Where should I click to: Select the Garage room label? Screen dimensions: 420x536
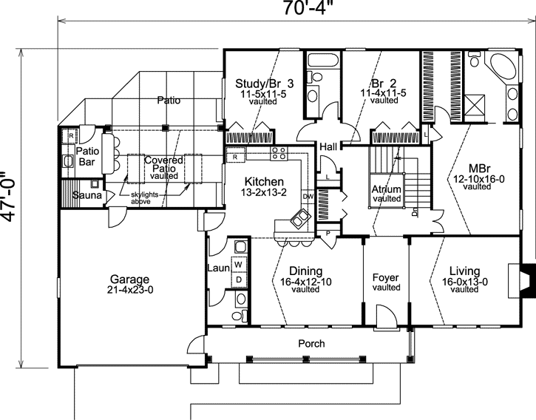pos(130,280)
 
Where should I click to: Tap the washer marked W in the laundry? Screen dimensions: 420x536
pos(239,264)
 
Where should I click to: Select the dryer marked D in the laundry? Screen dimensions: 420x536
pos(239,279)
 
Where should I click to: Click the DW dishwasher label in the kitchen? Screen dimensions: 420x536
pos(308,197)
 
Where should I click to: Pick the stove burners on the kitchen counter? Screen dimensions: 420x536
pos(279,153)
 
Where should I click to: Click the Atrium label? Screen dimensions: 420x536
pos(386,189)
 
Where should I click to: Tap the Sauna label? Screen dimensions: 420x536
pos(88,195)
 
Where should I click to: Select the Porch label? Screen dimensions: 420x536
pos(311,343)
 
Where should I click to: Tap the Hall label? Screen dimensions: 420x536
pos(329,147)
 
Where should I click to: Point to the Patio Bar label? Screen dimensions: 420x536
pos(88,157)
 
